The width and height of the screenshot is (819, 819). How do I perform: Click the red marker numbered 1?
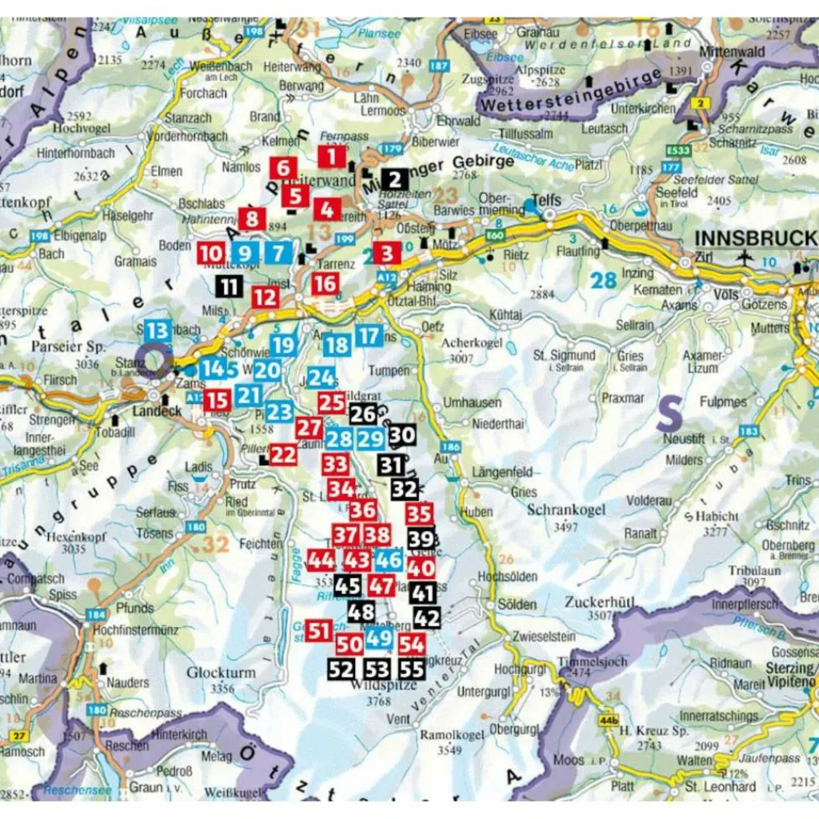click(x=332, y=156)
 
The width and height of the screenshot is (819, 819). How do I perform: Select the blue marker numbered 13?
click(x=158, y=330)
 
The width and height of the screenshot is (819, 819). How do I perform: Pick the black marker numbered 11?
click(x=229, y=286)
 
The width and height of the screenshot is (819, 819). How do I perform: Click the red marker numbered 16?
click(x=325, y=283)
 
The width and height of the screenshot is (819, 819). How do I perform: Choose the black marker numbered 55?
click(x=411, y=669)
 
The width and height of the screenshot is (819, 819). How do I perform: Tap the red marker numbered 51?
click(x=319, y=630)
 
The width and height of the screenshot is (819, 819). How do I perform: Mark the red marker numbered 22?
click(x=283, y=454)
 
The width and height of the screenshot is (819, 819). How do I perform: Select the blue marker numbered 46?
click(x=389, y=559)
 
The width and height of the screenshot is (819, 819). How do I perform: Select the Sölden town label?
click(x=517, y=604)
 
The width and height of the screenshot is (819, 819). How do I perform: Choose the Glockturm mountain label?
click(x=222, y=673)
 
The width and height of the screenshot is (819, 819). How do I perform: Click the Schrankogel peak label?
click(x=565, y=510)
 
